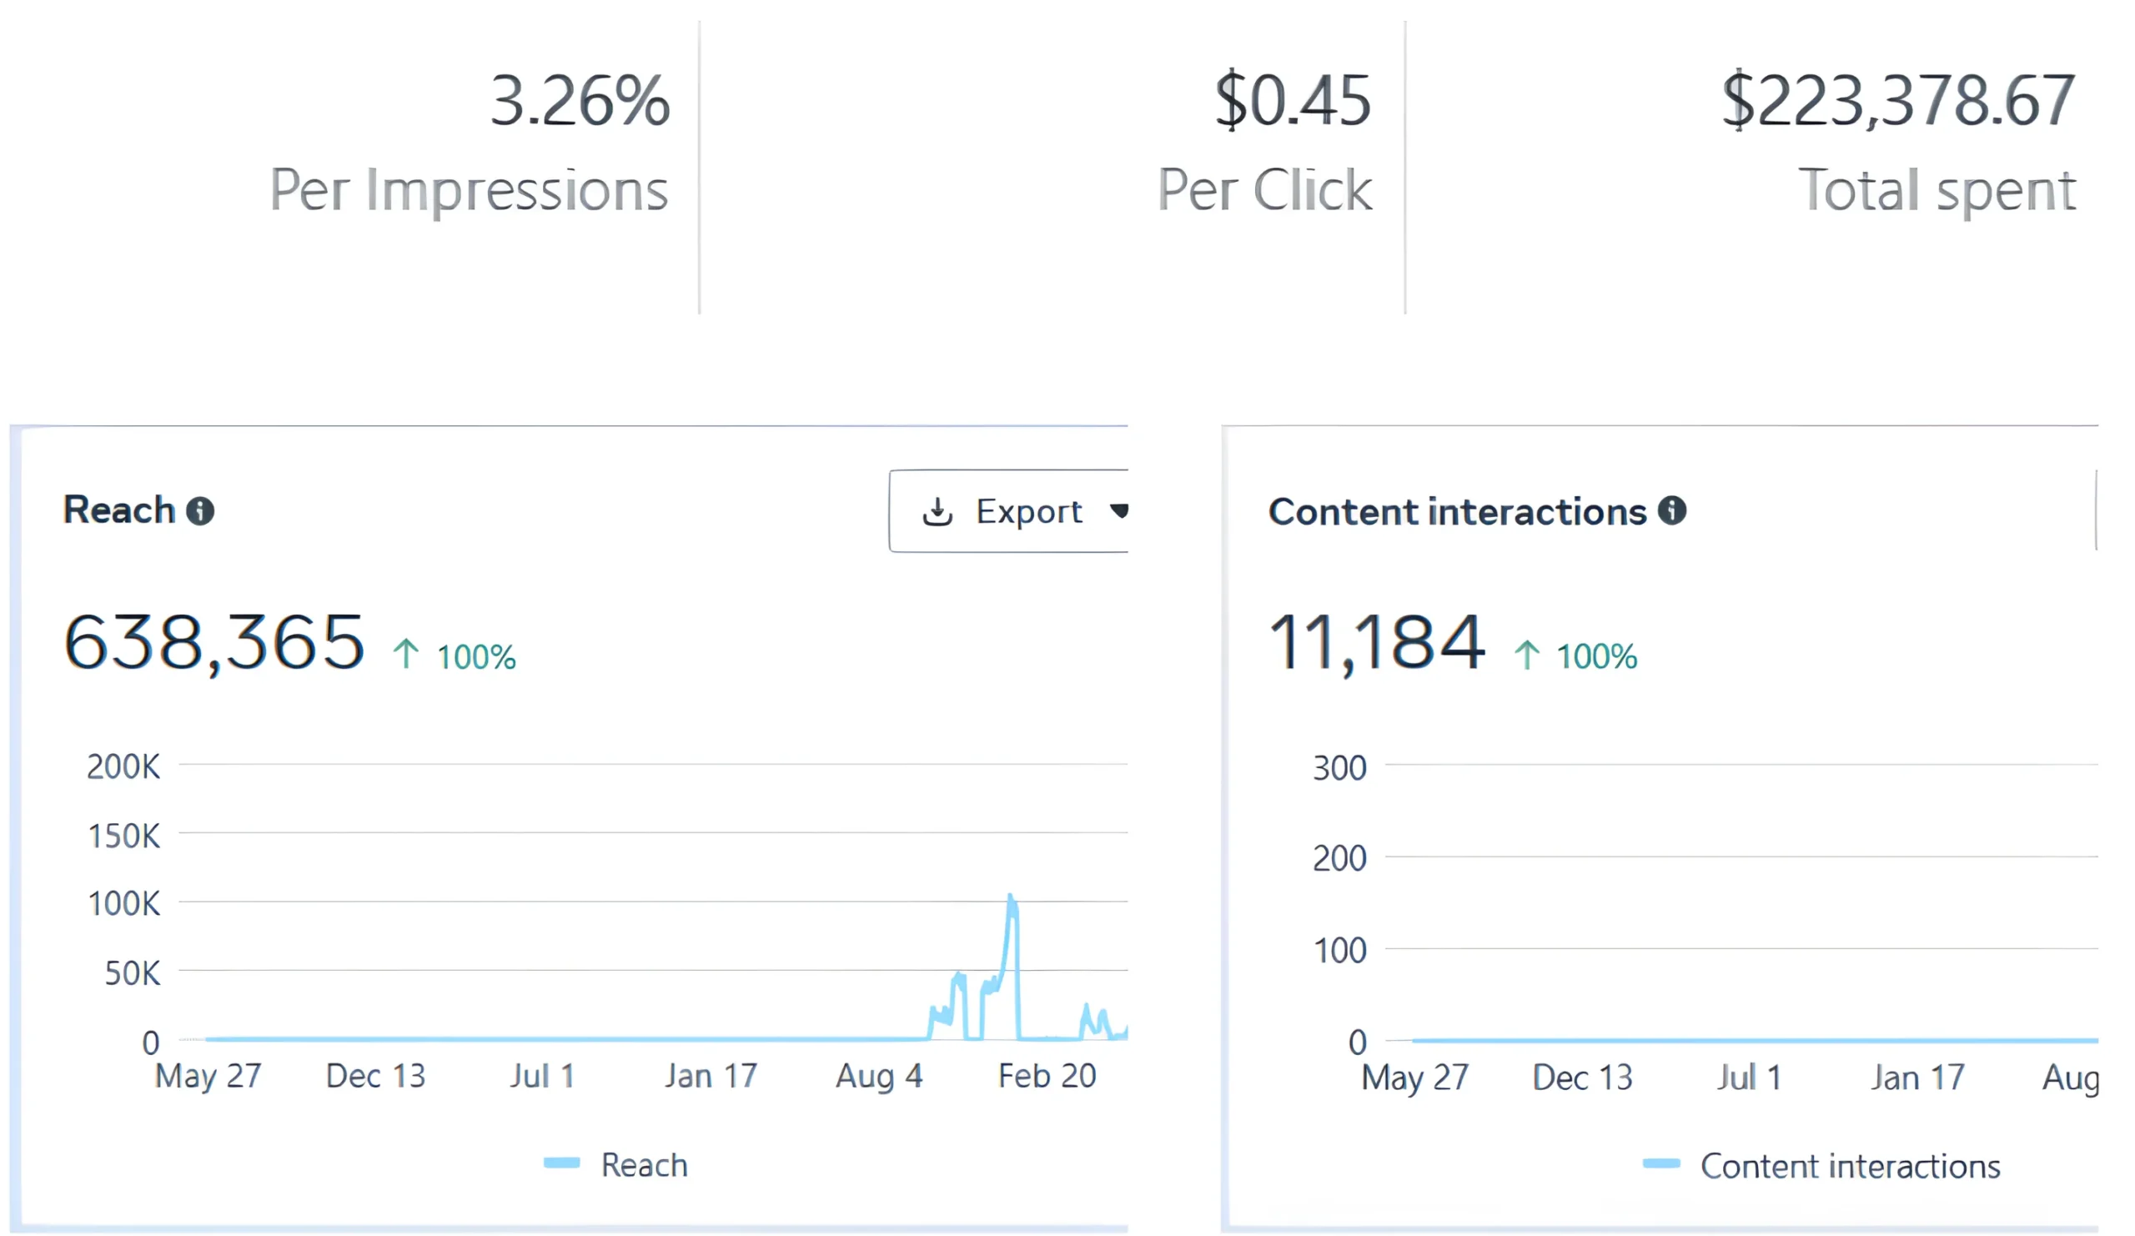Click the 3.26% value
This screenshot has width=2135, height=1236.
(x=580, y=102)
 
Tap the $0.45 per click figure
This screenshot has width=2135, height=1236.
(x=1292, y=102)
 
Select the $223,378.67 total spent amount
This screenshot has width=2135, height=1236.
(x=1898, y=102)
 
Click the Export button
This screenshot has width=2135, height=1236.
(x=1012, y=511)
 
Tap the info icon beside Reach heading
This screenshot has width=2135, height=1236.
(x=200, y=511)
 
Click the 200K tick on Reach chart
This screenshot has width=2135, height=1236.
(x=123, y=766)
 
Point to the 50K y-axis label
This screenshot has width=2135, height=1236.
(x=132, y=973)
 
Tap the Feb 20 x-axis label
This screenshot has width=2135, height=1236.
(x=1047, y=1076)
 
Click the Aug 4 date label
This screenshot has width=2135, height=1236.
(x=878, y=1076)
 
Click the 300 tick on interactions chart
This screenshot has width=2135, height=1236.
(x=1339, y=768)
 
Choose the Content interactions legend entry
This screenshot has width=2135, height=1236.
(x=1821, y=1166)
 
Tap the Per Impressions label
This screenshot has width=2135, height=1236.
(x=469, y=190)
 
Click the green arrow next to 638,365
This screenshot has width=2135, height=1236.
(x=406, y=654)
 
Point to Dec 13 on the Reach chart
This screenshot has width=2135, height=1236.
(x=375, y=1076)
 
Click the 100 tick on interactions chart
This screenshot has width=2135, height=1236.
(x=1339, y=951)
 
